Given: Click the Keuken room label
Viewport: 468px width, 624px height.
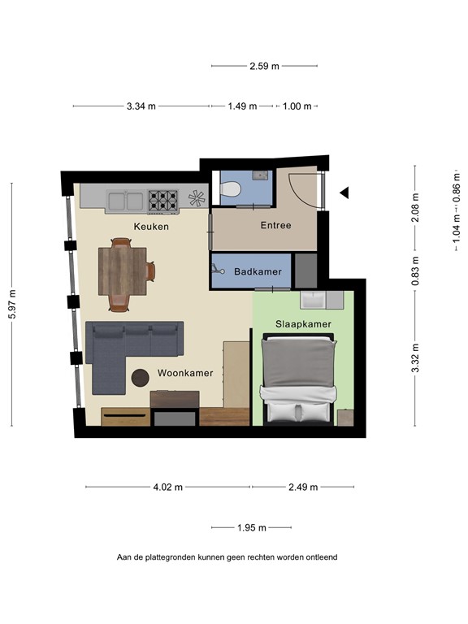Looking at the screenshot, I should click(x=151, y=227).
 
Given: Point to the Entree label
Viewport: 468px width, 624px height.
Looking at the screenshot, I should click(x=275, y=225).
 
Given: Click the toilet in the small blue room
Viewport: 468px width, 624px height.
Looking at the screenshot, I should click(x=231, y=190).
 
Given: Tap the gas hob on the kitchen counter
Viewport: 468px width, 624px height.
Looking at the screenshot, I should click(x=162, y=197).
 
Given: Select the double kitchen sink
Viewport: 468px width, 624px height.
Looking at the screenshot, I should click(x=124, y=198).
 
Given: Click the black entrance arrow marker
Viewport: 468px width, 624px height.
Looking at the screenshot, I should click(x=344, y=193).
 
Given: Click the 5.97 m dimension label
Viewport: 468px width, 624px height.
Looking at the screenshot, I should click(x=12, y=305).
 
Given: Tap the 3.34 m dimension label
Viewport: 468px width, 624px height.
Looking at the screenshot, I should click(x=141, y=106).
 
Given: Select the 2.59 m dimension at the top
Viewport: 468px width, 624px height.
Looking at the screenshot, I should click(x=264, y=66).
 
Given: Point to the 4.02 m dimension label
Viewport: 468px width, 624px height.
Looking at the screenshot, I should click(x=168, y=487).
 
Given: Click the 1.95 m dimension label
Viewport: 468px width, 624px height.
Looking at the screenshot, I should click(x=252, y=528).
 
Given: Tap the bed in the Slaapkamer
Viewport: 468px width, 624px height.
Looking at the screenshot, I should click(x=299, y=380).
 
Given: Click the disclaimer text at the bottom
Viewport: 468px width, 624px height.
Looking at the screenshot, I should click(x=227, y=557).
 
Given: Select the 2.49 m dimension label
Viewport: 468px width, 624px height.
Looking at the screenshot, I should click(x=303, y=487).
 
